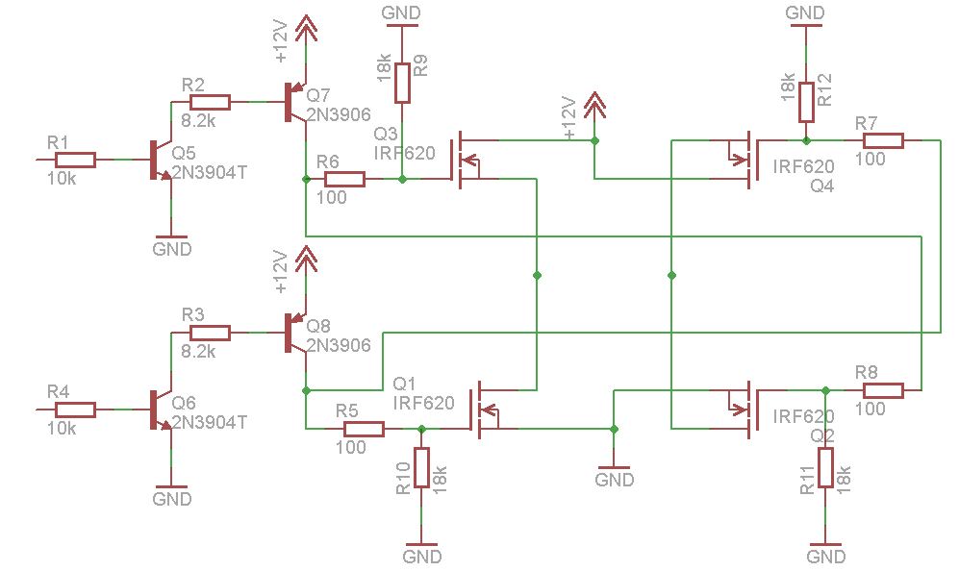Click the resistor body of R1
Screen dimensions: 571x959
pos(75,160)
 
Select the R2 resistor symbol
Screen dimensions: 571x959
pos(210,102)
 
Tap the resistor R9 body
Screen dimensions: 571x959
pos(402,83)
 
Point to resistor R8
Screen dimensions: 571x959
pos(883,390)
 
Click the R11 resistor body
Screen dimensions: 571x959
pos(825,467)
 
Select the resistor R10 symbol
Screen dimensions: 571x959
pos(421,467)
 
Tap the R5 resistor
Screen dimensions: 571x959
pos(364,429)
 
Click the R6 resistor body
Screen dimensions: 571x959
pos(344,179)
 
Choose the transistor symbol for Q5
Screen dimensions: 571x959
pos(159,161)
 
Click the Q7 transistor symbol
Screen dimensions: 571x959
pos(293,103)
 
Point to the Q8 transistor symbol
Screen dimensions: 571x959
pos(293,334)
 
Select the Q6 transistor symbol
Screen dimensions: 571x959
pos(159,410)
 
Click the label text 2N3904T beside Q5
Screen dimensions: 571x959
pos(209,173)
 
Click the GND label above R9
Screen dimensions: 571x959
pos(401,12)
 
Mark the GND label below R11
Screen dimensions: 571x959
pos(825,557)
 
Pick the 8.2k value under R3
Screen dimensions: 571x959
pos(198,352)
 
